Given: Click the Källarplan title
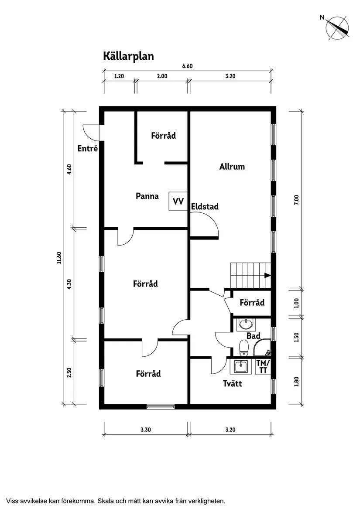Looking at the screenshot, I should coord(128,56).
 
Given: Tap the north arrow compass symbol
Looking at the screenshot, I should coord(337,27).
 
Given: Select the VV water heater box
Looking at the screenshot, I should coord(178,202).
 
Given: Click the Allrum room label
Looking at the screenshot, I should coord(232,167).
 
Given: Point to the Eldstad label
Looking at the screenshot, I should coord(205,207).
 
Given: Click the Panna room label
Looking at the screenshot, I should coord(147,196).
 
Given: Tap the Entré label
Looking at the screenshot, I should coord(87,149).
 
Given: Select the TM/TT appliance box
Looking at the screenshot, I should coord(263,366).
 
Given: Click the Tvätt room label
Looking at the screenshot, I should coord(232,384).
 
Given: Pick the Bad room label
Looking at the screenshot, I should coord(254,336).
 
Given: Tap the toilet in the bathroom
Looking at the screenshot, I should coord(244,348).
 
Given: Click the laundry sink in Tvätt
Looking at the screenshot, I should coord(241,366).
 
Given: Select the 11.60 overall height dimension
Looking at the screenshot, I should coord(58,258).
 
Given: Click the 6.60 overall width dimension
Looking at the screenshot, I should coord(187,66).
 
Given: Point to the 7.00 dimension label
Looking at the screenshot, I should coord(296,199).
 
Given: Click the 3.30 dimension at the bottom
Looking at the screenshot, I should coord(146,430).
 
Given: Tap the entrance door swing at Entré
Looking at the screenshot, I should coord(90,132).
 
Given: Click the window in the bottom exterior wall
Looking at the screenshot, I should coord(161,407).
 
